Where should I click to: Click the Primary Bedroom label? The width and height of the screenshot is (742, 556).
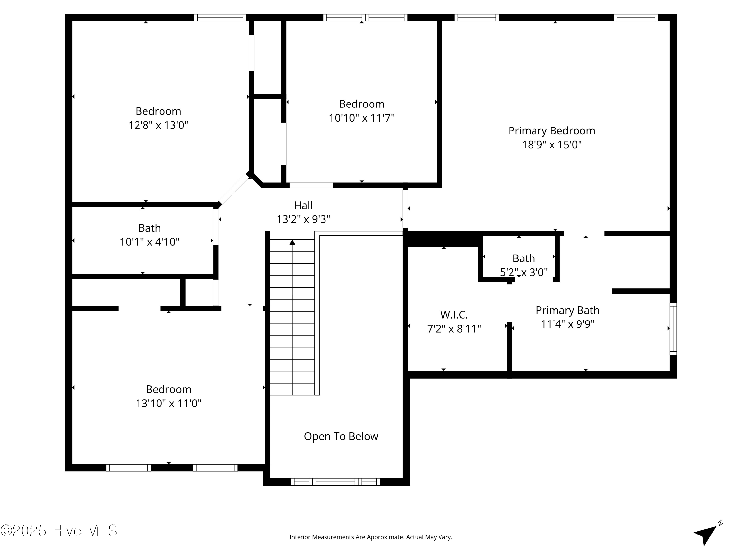click(x=552, y=131)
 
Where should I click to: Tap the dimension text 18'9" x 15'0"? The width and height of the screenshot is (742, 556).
click(x=552, y=145)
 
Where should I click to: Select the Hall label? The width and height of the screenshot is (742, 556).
click(x=303, y=205)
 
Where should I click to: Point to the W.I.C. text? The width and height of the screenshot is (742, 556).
click(x=454, y=315)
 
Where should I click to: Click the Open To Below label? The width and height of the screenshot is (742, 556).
click(x=341, y=436)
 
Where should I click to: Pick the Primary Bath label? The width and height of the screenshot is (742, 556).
click(x=567, y=310)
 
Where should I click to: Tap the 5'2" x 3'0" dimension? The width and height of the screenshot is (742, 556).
click(x=524, y=272)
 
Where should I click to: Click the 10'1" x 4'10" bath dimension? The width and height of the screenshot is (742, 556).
click(x=150, y=242)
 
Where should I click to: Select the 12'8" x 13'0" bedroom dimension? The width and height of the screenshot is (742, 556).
click(x=158, y=125)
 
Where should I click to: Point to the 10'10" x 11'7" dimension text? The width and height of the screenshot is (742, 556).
click(x=361, y=118)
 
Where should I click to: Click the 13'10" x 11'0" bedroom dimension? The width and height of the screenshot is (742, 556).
click(x=168, y=403)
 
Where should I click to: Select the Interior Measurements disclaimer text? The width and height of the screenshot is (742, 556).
click(x=371, y=537)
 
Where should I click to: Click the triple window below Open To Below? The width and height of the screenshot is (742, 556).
click(x=335, y=482)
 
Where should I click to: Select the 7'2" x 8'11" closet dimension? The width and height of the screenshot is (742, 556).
click(x=454, y=329)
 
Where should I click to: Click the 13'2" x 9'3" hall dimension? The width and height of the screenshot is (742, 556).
click(x=303, y=219)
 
